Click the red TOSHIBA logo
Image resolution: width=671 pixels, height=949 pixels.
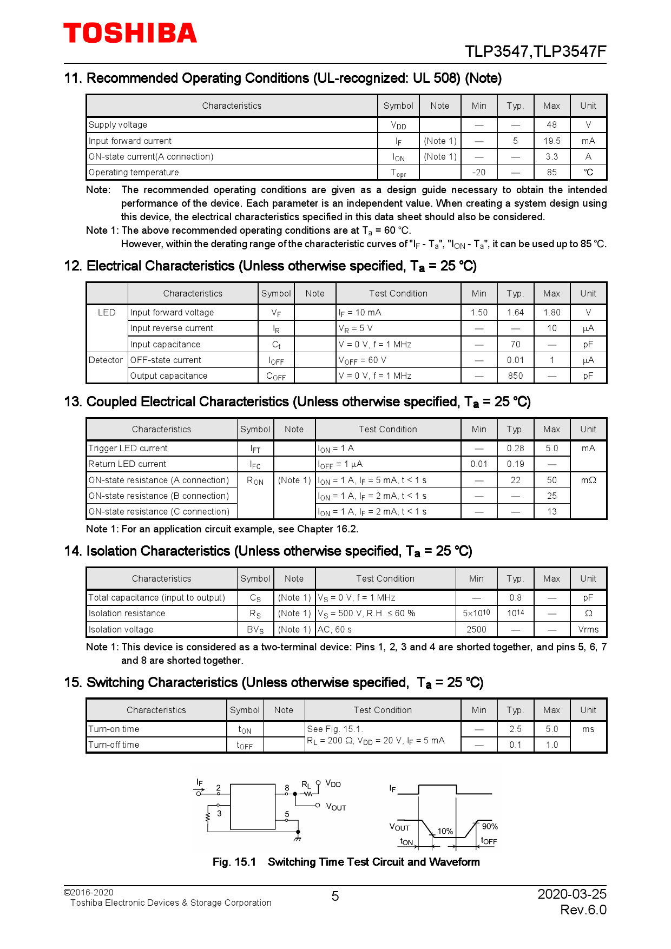pos(130,33)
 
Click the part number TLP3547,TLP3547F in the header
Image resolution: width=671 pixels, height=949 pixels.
pos(535,51)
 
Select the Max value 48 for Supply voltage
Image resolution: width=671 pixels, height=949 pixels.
pos(551,124)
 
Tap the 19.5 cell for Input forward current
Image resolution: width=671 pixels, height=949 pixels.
pos(551,141)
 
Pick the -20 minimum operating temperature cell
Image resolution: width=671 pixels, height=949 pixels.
pos(478,172)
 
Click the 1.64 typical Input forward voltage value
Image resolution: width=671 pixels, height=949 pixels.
pos(515,312)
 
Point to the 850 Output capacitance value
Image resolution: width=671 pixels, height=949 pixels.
pos(515,375)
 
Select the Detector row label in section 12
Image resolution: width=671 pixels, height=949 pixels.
pos(106,360)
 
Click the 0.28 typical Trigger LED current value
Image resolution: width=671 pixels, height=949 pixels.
pos(515,448)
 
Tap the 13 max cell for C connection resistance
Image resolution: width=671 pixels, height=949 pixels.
pos(551,511)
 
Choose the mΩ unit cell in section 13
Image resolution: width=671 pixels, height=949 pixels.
pos(588,480)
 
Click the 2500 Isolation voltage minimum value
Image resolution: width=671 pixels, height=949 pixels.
pos(476,629)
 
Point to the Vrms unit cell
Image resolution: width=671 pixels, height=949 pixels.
pos(588,629)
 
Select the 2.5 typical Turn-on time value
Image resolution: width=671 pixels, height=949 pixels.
pos(515,729)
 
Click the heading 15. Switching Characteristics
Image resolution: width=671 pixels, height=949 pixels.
pos(273,682)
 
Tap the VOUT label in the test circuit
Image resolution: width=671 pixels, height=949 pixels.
pos(335,807)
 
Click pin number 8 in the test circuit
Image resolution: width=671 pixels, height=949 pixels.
pos(287,788)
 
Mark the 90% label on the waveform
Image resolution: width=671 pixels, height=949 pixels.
pos(489,826)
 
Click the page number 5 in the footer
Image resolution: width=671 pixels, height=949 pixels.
pos(335,897)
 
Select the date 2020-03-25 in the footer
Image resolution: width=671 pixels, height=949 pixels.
pos(571,894)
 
